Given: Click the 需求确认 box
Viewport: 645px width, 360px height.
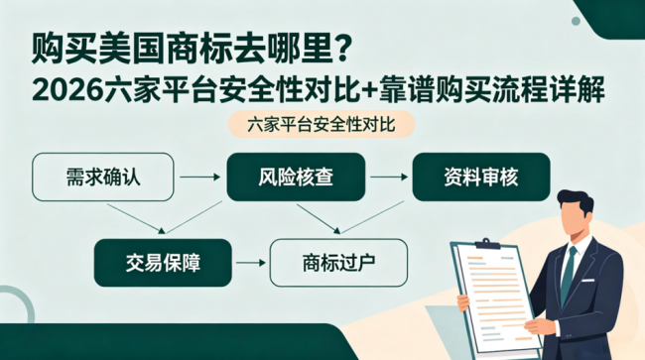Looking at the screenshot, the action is coord(103,178).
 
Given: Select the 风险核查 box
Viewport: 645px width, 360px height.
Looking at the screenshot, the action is coord(296,178).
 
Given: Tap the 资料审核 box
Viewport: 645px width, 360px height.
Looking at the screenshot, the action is coord(481,178).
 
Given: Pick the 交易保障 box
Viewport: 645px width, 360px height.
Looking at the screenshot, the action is coord(163,263).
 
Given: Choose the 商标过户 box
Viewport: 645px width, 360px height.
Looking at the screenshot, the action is coord(338,263).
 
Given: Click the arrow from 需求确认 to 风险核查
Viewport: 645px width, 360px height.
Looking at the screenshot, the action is coord(200,178).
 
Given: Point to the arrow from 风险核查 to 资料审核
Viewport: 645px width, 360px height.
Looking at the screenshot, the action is coord(389,178).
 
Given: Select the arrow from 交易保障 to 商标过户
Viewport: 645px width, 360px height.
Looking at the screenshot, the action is coord(251,263).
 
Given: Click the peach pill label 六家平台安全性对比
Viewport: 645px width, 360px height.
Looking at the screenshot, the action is coord(322,124).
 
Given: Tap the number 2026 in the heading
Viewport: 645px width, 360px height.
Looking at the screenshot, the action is coord(67,90).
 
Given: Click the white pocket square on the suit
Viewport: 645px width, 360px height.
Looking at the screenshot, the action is coord(587,281).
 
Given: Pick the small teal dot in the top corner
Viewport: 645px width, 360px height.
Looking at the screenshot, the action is coord(576,21).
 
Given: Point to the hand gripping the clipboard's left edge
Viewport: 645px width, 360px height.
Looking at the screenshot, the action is coord(463,302).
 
